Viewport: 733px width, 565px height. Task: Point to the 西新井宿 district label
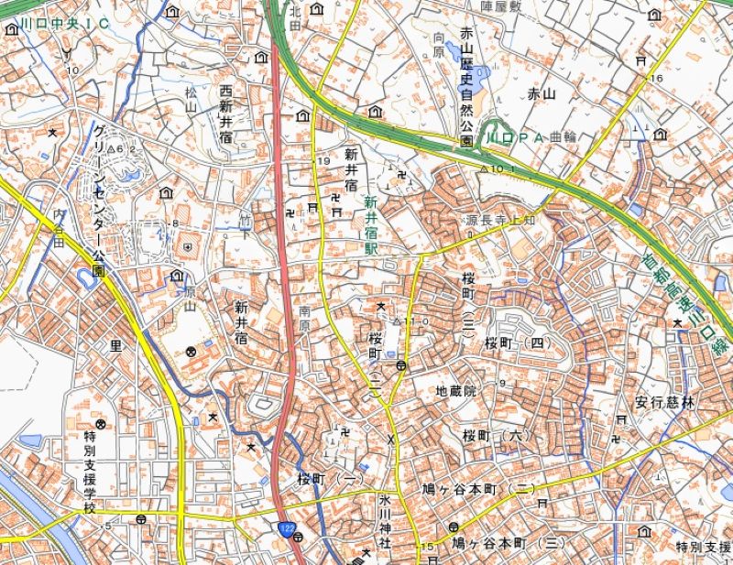(225, 114)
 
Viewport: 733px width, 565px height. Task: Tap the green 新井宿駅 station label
(370, 225)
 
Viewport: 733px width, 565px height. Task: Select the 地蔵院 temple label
(456, 391)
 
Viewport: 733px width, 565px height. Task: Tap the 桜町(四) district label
(516, 343)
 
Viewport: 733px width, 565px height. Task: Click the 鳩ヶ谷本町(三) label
(509, 543)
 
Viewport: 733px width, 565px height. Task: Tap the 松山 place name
(191, 100)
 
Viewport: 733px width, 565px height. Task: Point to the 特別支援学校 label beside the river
(89, 472)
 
